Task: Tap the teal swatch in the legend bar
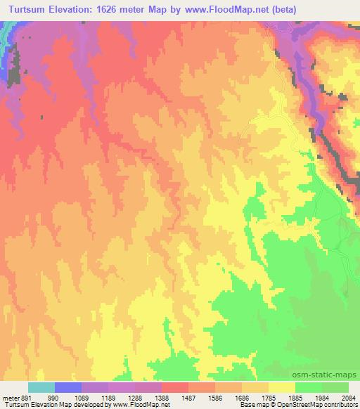click(x=41, y=388)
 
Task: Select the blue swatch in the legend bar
click(x=68, y=388)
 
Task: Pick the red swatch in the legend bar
click(x=175, y=388)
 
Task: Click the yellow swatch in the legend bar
click(x=282, y=388)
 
